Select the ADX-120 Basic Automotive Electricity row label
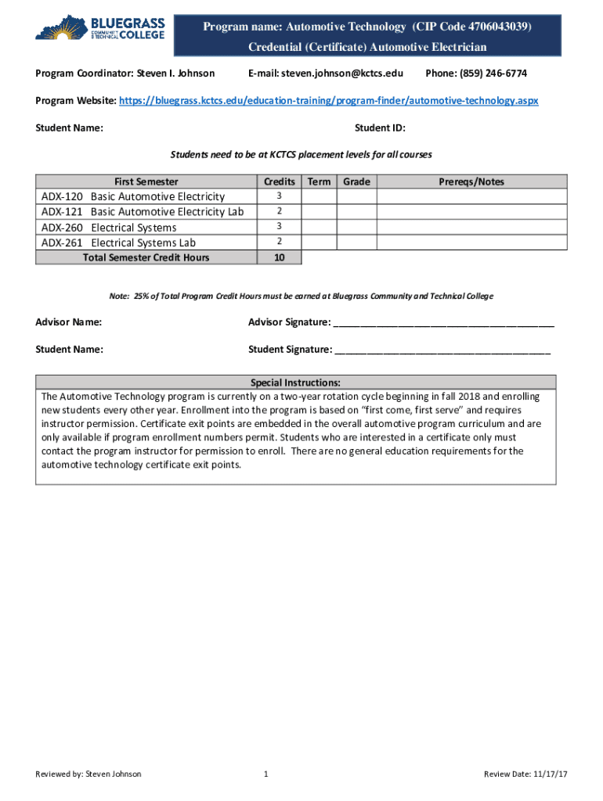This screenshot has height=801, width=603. tap(133, 196)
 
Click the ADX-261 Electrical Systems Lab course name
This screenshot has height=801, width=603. tap(143, 242)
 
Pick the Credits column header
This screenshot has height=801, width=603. tap(280, 181)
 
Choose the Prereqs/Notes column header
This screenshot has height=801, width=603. tap(471, 181)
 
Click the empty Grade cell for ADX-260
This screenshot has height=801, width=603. tap(356, 227)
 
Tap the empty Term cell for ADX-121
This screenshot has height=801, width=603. tap(319, 211)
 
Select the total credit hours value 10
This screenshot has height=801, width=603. tap(280, 257)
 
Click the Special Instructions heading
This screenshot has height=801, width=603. tap(295, 383)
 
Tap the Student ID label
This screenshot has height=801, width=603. tap(380, 128)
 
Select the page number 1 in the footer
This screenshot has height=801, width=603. tap(266, 774)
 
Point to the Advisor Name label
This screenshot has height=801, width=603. tap(69, 322)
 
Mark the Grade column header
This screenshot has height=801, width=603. tap(356, 181)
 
